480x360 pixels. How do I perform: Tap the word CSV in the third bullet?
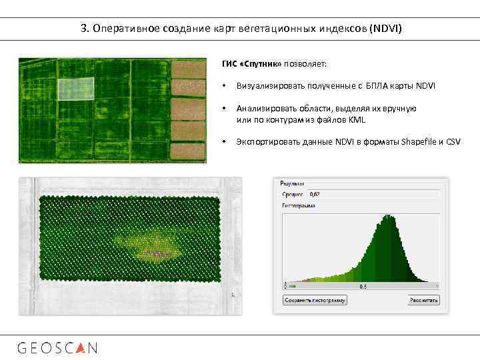click(453, 142)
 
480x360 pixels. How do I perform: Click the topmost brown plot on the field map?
click(188, 69)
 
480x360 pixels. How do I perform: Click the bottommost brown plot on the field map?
click(188, 150)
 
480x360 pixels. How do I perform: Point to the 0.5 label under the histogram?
click(363, 286)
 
